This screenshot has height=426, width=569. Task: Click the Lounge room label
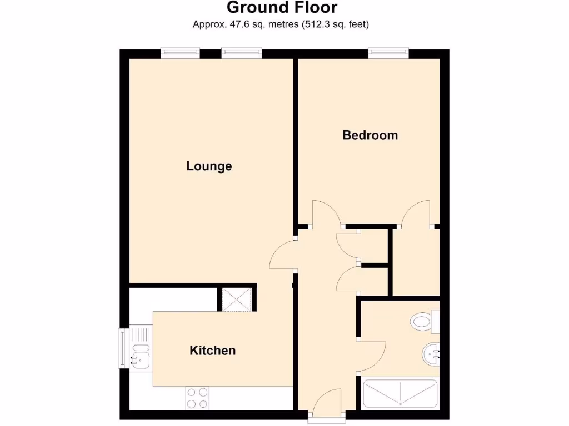(209, 166)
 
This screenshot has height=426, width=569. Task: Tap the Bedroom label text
(370, 135)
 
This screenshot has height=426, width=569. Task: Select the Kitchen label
(213, 351)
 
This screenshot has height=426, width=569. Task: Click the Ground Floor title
(282, 8)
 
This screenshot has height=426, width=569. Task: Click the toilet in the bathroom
(425, 321)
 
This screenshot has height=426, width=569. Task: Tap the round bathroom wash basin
(431, 354)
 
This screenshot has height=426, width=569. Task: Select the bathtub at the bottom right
(400, 393)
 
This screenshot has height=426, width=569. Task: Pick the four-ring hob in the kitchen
(197, 398)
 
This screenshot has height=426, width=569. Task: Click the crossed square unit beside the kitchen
(237, 300)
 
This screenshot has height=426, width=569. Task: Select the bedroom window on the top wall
(388, 53)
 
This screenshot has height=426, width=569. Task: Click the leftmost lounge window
(180, 53)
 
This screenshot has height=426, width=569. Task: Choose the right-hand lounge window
(241, 53)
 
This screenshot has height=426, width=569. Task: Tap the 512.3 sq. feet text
(336, 24)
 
